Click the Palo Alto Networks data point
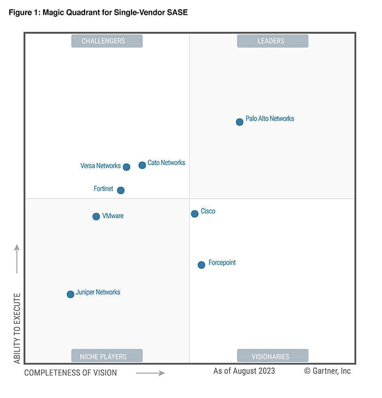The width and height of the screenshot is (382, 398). pyautogui.click(x=240, y=122)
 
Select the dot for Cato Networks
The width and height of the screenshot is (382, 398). pyautogui.click(x=142, y=165)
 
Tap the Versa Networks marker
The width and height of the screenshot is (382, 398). pyautogui.click(x=127, y=167)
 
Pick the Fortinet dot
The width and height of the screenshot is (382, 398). pyautogui.click(x=121, y=191)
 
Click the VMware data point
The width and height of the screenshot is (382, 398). pyautogui.click(x=97, y=217)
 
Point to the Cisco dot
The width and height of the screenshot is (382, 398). pyautogui.click(x=195, y=214)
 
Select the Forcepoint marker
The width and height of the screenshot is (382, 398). pyautogui.click(x=201, y=265)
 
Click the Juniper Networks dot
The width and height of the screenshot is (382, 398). pyautogui.click(x=70, y=294)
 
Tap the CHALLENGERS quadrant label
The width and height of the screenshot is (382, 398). pyautogui.click(x=107, y=41)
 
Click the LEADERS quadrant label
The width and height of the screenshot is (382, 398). pyautogui.click(x=272, y=41)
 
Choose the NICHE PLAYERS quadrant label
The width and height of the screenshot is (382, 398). pyautogui.click(x=107, y=356)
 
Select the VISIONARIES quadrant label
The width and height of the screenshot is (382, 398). pyautogui.click(x=272, y=356)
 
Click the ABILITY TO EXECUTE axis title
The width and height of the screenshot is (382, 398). pyautogui.click(x=17, y=328)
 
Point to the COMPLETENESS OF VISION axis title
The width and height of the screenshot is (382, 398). pyautogui.click(x=70, y=373)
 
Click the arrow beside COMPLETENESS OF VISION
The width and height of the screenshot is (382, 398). pyautogui.click(x=150, y=373)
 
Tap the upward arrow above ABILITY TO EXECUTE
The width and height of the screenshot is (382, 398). pyautogui.click(x=17, y=259)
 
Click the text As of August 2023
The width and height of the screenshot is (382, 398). pyautogui.click(x=244, y=371)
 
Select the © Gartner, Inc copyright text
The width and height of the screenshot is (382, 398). pyautogui.click(x=327, y=371)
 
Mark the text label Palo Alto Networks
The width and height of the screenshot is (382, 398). pyautogui.click(x=270, y=118)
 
